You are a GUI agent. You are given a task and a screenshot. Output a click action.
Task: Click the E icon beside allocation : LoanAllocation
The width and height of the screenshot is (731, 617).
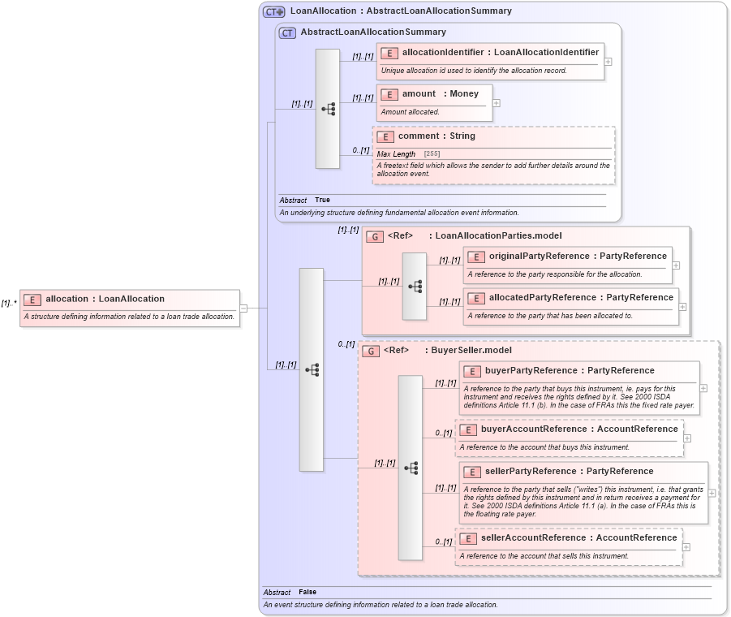coord(32,300)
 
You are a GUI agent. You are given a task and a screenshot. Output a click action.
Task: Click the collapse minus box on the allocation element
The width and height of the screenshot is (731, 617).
coord(243,308)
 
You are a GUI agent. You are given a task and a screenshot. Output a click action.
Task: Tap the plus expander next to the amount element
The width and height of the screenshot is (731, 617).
coord(497,103)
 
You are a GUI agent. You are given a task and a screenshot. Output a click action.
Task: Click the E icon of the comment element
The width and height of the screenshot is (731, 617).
coord(385,136)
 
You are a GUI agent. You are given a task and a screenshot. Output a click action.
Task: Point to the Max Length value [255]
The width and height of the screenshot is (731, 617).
coord(432,154)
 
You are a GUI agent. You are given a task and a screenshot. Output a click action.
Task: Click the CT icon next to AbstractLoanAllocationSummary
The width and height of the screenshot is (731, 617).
coord(287,32)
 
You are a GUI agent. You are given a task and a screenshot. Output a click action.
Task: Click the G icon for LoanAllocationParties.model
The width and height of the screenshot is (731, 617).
coord(375,237)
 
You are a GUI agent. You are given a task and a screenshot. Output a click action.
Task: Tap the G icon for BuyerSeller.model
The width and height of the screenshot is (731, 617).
coord(371,352)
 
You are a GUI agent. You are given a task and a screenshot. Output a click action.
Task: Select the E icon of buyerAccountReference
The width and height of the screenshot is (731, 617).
coord(468,429)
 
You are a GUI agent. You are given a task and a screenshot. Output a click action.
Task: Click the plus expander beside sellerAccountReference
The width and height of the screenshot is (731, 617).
coord(686,546)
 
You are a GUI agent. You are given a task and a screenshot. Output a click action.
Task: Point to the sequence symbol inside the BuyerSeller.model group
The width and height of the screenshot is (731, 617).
coord(411,468)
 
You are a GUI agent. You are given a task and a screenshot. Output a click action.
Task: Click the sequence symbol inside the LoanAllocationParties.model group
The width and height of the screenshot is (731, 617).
coord(415,287)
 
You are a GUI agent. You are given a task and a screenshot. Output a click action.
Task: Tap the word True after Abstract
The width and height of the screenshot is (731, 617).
coord(322,200)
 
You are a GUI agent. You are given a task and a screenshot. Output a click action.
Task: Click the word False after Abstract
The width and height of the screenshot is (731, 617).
coord(307,593)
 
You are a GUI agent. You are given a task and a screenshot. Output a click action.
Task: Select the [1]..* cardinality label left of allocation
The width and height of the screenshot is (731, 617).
coord(9,303)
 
